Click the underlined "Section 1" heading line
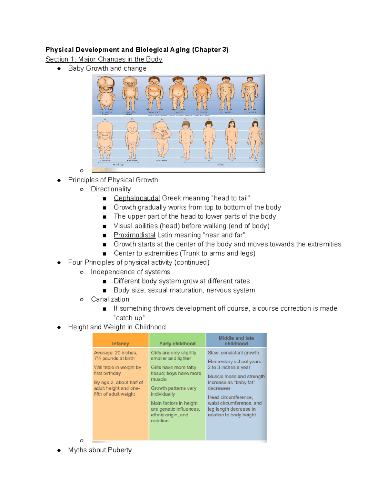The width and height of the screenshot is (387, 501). (104, 59)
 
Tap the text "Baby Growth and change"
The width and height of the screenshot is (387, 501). (107, 68)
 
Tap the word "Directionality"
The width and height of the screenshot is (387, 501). (111, 189)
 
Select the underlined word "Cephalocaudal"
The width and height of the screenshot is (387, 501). (137, 198)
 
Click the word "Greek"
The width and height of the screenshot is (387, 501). (171, 198)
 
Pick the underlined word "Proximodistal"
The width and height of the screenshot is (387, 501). (134, 235)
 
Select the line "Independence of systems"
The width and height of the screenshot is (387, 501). (130, 272)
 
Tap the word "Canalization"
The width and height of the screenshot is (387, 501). (110, 299)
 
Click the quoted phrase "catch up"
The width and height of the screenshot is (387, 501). (129, 318)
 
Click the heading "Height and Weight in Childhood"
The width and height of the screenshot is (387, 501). (117, 327)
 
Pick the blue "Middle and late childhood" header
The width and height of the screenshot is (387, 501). (236, 341)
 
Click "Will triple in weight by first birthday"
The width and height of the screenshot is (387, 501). (117, 370)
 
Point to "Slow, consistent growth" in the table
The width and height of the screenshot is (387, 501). (233, 353)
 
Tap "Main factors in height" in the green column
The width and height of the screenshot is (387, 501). (174, 403)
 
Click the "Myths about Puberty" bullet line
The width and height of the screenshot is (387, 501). (100, 450)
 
